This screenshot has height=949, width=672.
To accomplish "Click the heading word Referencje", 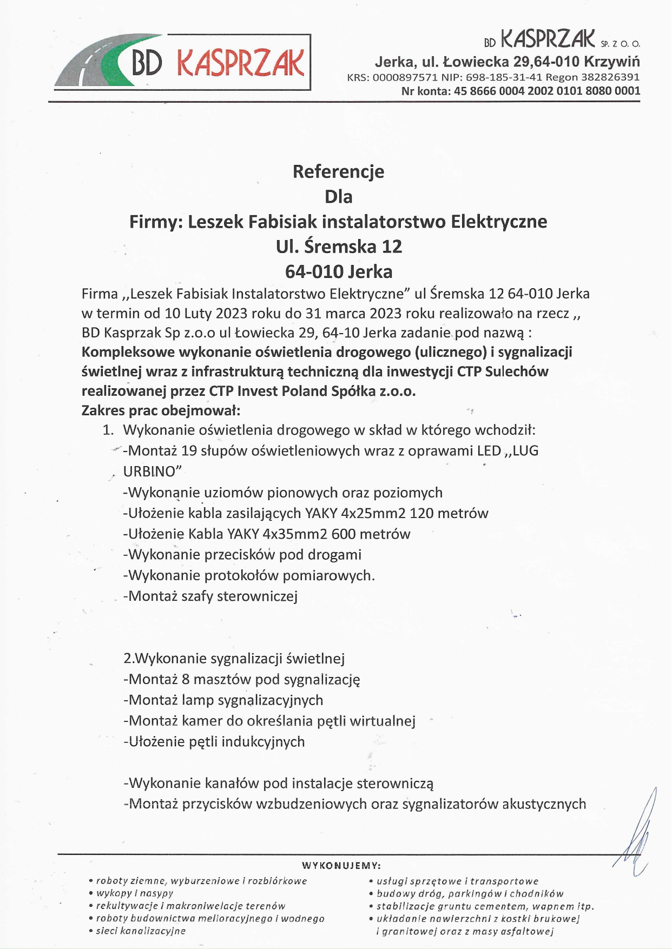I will pyautogui.click(x=338, y=171).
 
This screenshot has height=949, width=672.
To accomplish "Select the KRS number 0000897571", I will pyautogui.click(x=405, y=77).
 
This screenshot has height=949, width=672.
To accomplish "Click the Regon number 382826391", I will pyautogui.click(x=610, y=77).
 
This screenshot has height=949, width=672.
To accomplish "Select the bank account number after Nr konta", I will pyautogui.click(x=547, y=91).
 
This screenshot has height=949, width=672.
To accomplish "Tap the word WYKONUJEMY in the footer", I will pyautogui.click(x=341, y=866).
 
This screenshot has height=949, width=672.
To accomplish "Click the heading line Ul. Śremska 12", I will pyautogui.click(x=339, y=247).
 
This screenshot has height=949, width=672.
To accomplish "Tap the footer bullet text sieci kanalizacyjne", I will pyautogui.click(x=141, y=931).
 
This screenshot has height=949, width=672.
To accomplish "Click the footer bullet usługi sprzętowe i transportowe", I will pyautogui.click(x=457, y=881).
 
